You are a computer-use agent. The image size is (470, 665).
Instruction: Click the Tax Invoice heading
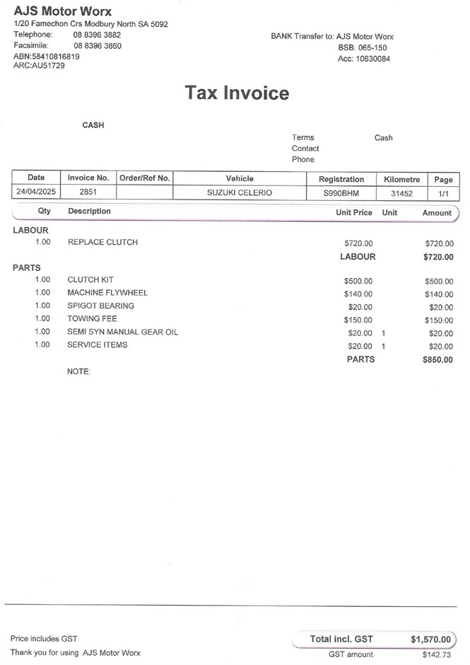click(237, 93)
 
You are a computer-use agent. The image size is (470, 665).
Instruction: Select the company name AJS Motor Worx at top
click(63, 11)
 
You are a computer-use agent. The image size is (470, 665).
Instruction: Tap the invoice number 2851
click(88, 192)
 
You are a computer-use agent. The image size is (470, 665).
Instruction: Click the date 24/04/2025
click(36, 192)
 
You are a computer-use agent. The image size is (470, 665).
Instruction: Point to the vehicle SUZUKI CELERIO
click(239, 192)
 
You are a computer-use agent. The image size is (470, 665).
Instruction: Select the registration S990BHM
click(341, 192)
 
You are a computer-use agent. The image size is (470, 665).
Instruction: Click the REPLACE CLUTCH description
click(102, 243)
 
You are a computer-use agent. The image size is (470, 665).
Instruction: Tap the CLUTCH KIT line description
click(90, 280)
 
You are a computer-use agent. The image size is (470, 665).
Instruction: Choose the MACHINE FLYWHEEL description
click(107, 293)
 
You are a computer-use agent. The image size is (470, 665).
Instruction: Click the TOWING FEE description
click(92, 319)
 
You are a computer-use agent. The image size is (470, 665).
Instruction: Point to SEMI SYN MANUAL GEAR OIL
click(122, 332)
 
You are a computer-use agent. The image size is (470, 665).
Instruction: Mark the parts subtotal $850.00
click(437, 360)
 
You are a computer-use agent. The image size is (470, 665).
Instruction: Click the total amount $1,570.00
click(430, 640)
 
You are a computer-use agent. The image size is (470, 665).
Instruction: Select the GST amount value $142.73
click(436, 655)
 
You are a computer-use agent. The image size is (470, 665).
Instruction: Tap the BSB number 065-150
click(372, 47)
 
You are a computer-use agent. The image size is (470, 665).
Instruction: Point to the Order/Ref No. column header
click(144, 178)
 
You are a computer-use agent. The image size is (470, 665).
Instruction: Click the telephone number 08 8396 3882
click(97, 35)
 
